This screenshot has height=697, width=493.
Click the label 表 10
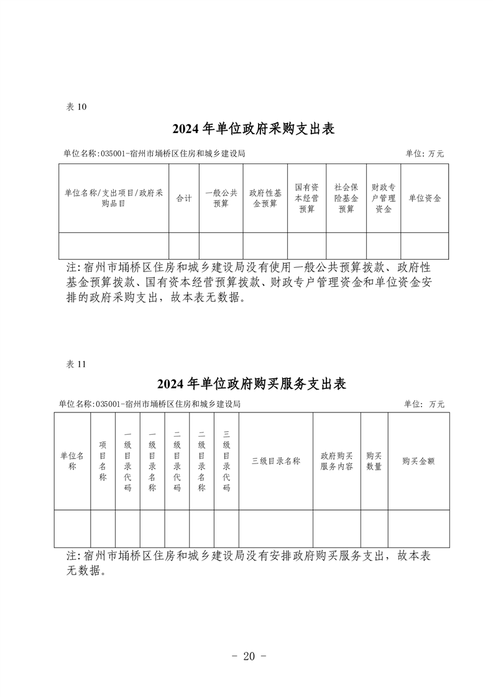pos(76,107)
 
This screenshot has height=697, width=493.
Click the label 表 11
pos(76,364)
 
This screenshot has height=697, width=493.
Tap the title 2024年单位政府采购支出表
pos(253,129)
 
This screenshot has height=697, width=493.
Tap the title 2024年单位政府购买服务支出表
pos(251,384)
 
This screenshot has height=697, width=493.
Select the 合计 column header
pos(184,198)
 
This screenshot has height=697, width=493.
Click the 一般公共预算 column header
pos(221,198)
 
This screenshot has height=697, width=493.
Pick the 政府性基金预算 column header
pos(265,198)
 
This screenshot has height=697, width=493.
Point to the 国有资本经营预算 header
pos(306,198)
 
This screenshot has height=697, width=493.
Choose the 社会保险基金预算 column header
pos(346,198)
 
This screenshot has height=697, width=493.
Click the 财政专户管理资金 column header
pos(384,198)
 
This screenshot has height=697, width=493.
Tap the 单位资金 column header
pos(425,198)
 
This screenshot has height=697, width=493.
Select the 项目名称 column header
pos(103,461)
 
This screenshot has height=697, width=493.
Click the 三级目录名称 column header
pos(276,461)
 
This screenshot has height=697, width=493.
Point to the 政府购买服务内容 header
pos(337,461)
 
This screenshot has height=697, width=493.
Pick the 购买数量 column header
pos(374,461)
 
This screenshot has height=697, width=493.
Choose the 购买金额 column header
pos(418,461)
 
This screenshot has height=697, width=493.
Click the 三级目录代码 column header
pos(226,461)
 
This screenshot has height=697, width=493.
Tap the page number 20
pos(249,656)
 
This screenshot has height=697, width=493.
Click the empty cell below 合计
pos(184,246)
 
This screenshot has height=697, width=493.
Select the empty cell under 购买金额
pos(418,529)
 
